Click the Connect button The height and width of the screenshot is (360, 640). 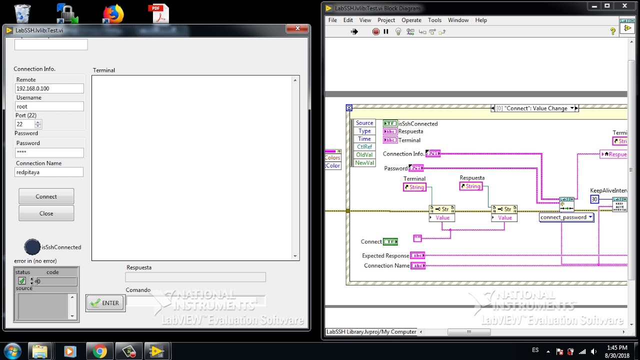point(46,196)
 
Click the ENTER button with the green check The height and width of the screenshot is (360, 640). point(105,303)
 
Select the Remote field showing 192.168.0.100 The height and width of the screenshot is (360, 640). point(49,88)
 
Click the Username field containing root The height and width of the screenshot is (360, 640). point(49,106)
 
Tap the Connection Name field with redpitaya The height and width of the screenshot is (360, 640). point(49,172)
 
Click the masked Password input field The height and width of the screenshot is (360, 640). point(49,152)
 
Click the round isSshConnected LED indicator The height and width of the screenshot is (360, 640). point(32,247)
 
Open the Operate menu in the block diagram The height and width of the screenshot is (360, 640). point(411,20)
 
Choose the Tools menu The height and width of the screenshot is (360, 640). point(434,20)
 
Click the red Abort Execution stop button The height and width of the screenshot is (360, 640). point(376,31)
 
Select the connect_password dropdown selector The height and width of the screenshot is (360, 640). point(566,217)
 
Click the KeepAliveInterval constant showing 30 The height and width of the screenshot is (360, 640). point(594,199)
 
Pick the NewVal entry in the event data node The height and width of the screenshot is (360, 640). point(364,163)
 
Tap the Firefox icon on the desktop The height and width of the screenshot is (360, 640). point(113,14)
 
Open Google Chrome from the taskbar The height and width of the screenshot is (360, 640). point(99,351)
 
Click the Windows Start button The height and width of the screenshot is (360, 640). point(12,351)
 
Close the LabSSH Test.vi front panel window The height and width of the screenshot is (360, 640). point(297,29)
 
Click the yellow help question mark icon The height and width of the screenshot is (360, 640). point(613,31)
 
